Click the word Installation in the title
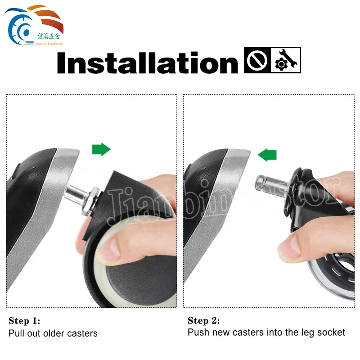click(147, 63)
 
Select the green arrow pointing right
click(101, 149)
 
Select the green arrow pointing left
click(267, 155)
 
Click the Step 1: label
click(24, 321)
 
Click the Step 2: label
click(204, 321)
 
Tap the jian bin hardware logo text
click(49, 43)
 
